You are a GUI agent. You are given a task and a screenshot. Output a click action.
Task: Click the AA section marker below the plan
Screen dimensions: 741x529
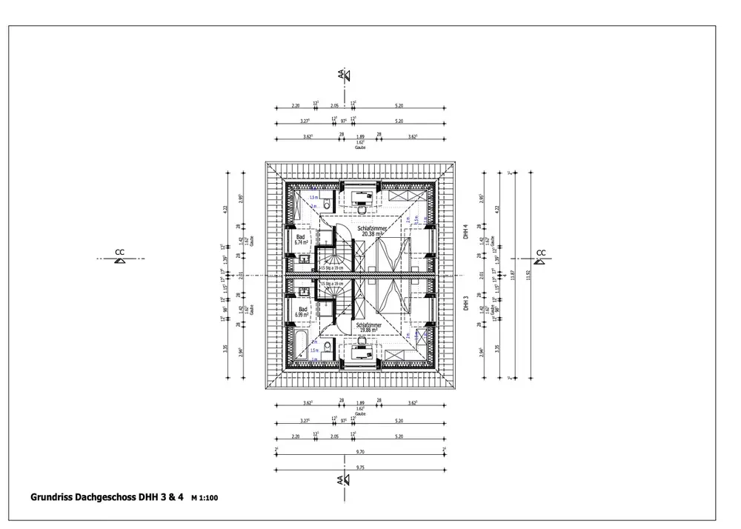point(342,480)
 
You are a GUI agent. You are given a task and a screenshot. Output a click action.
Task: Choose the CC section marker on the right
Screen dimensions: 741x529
point(540,256)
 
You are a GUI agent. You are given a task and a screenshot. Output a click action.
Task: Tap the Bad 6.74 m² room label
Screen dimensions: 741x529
point(301,239)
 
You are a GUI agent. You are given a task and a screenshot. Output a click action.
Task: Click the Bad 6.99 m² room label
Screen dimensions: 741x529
point(302,311)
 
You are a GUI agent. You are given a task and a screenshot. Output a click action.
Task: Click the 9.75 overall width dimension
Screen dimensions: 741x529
point(360,468)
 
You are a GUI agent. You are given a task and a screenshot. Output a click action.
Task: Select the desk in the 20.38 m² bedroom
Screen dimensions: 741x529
point(362,198)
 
